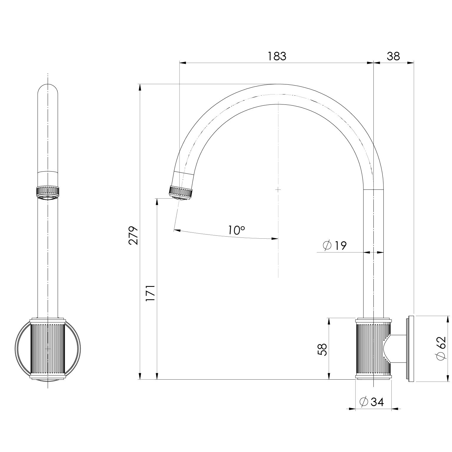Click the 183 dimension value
(x=277, y=56)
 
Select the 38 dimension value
(x=393, y=56)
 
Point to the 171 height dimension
(x=150, y=293)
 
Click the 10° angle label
(x=236, y=230)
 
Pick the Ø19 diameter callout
(x=335, y=245)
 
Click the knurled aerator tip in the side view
(x=180, y=192)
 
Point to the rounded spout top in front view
(x=48, y=88)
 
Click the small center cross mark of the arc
(x=278, y=190)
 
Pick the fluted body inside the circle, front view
(x=48, y=349)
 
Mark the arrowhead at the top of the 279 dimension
(x=140, y=87)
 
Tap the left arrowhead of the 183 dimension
(x=183, y=63)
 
